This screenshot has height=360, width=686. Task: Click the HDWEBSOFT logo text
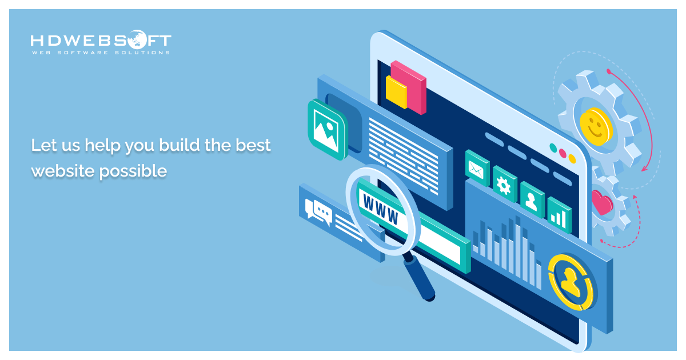click(x=101, y=41)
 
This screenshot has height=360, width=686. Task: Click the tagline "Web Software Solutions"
click(x=101, y=53)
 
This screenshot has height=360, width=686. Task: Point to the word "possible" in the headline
click(x=133, y=170)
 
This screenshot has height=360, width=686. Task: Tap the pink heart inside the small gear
click(x=602, y=202)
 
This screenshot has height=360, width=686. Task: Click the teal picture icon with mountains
click(x=326, y=129)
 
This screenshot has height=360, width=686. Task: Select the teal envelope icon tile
click(x=476, y=167)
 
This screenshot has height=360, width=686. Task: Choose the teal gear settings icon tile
click(x=504, y=184)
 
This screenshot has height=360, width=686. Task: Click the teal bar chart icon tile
click(x=559, y=215)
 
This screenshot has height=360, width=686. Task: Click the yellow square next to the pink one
click(x=396, y=91)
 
